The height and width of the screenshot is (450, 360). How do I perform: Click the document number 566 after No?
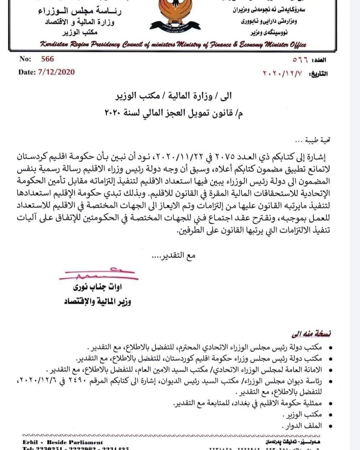pos(47,59)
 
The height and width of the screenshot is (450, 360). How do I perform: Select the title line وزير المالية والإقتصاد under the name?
pos(95,302)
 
